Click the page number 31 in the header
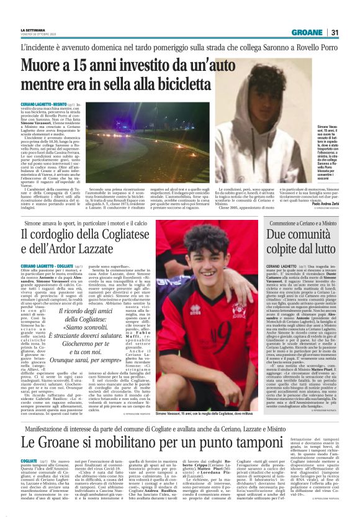coord(335,32)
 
